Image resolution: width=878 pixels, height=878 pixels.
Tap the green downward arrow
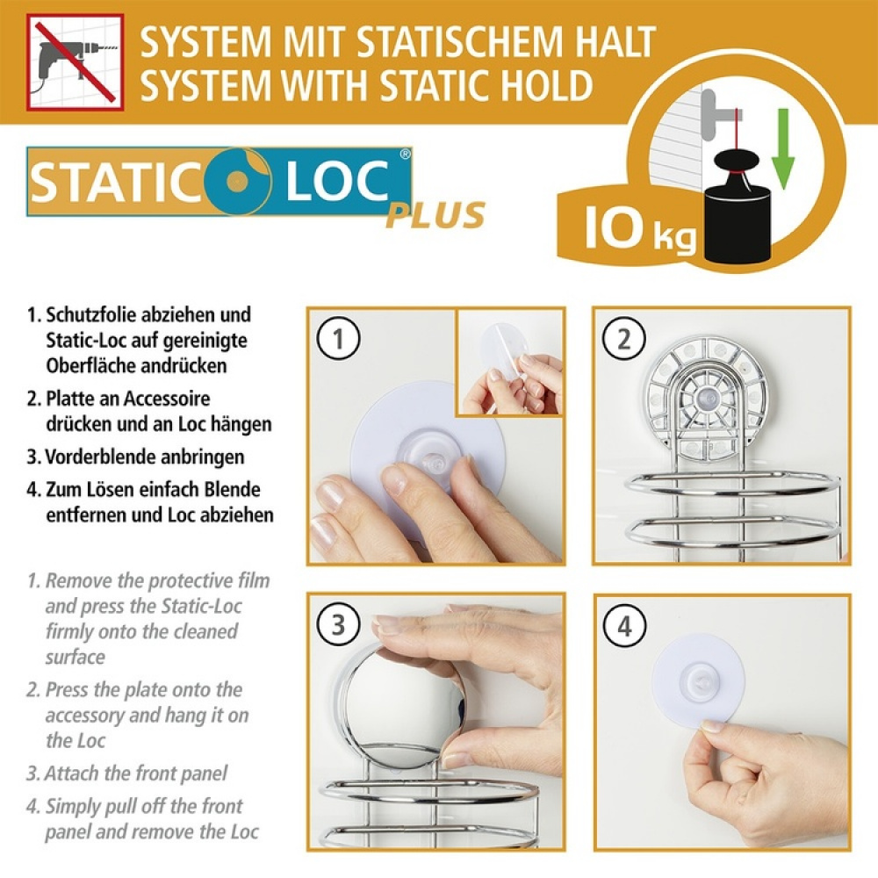pyautogui.click(x=783, y=159)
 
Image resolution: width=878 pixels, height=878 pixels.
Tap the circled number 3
pyautogui.click(x=338, y=625)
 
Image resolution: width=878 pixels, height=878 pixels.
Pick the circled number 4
pyautogui.click(x=625, y=626)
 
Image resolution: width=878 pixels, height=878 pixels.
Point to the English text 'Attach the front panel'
pyautogui.click(x=137, y=774)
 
